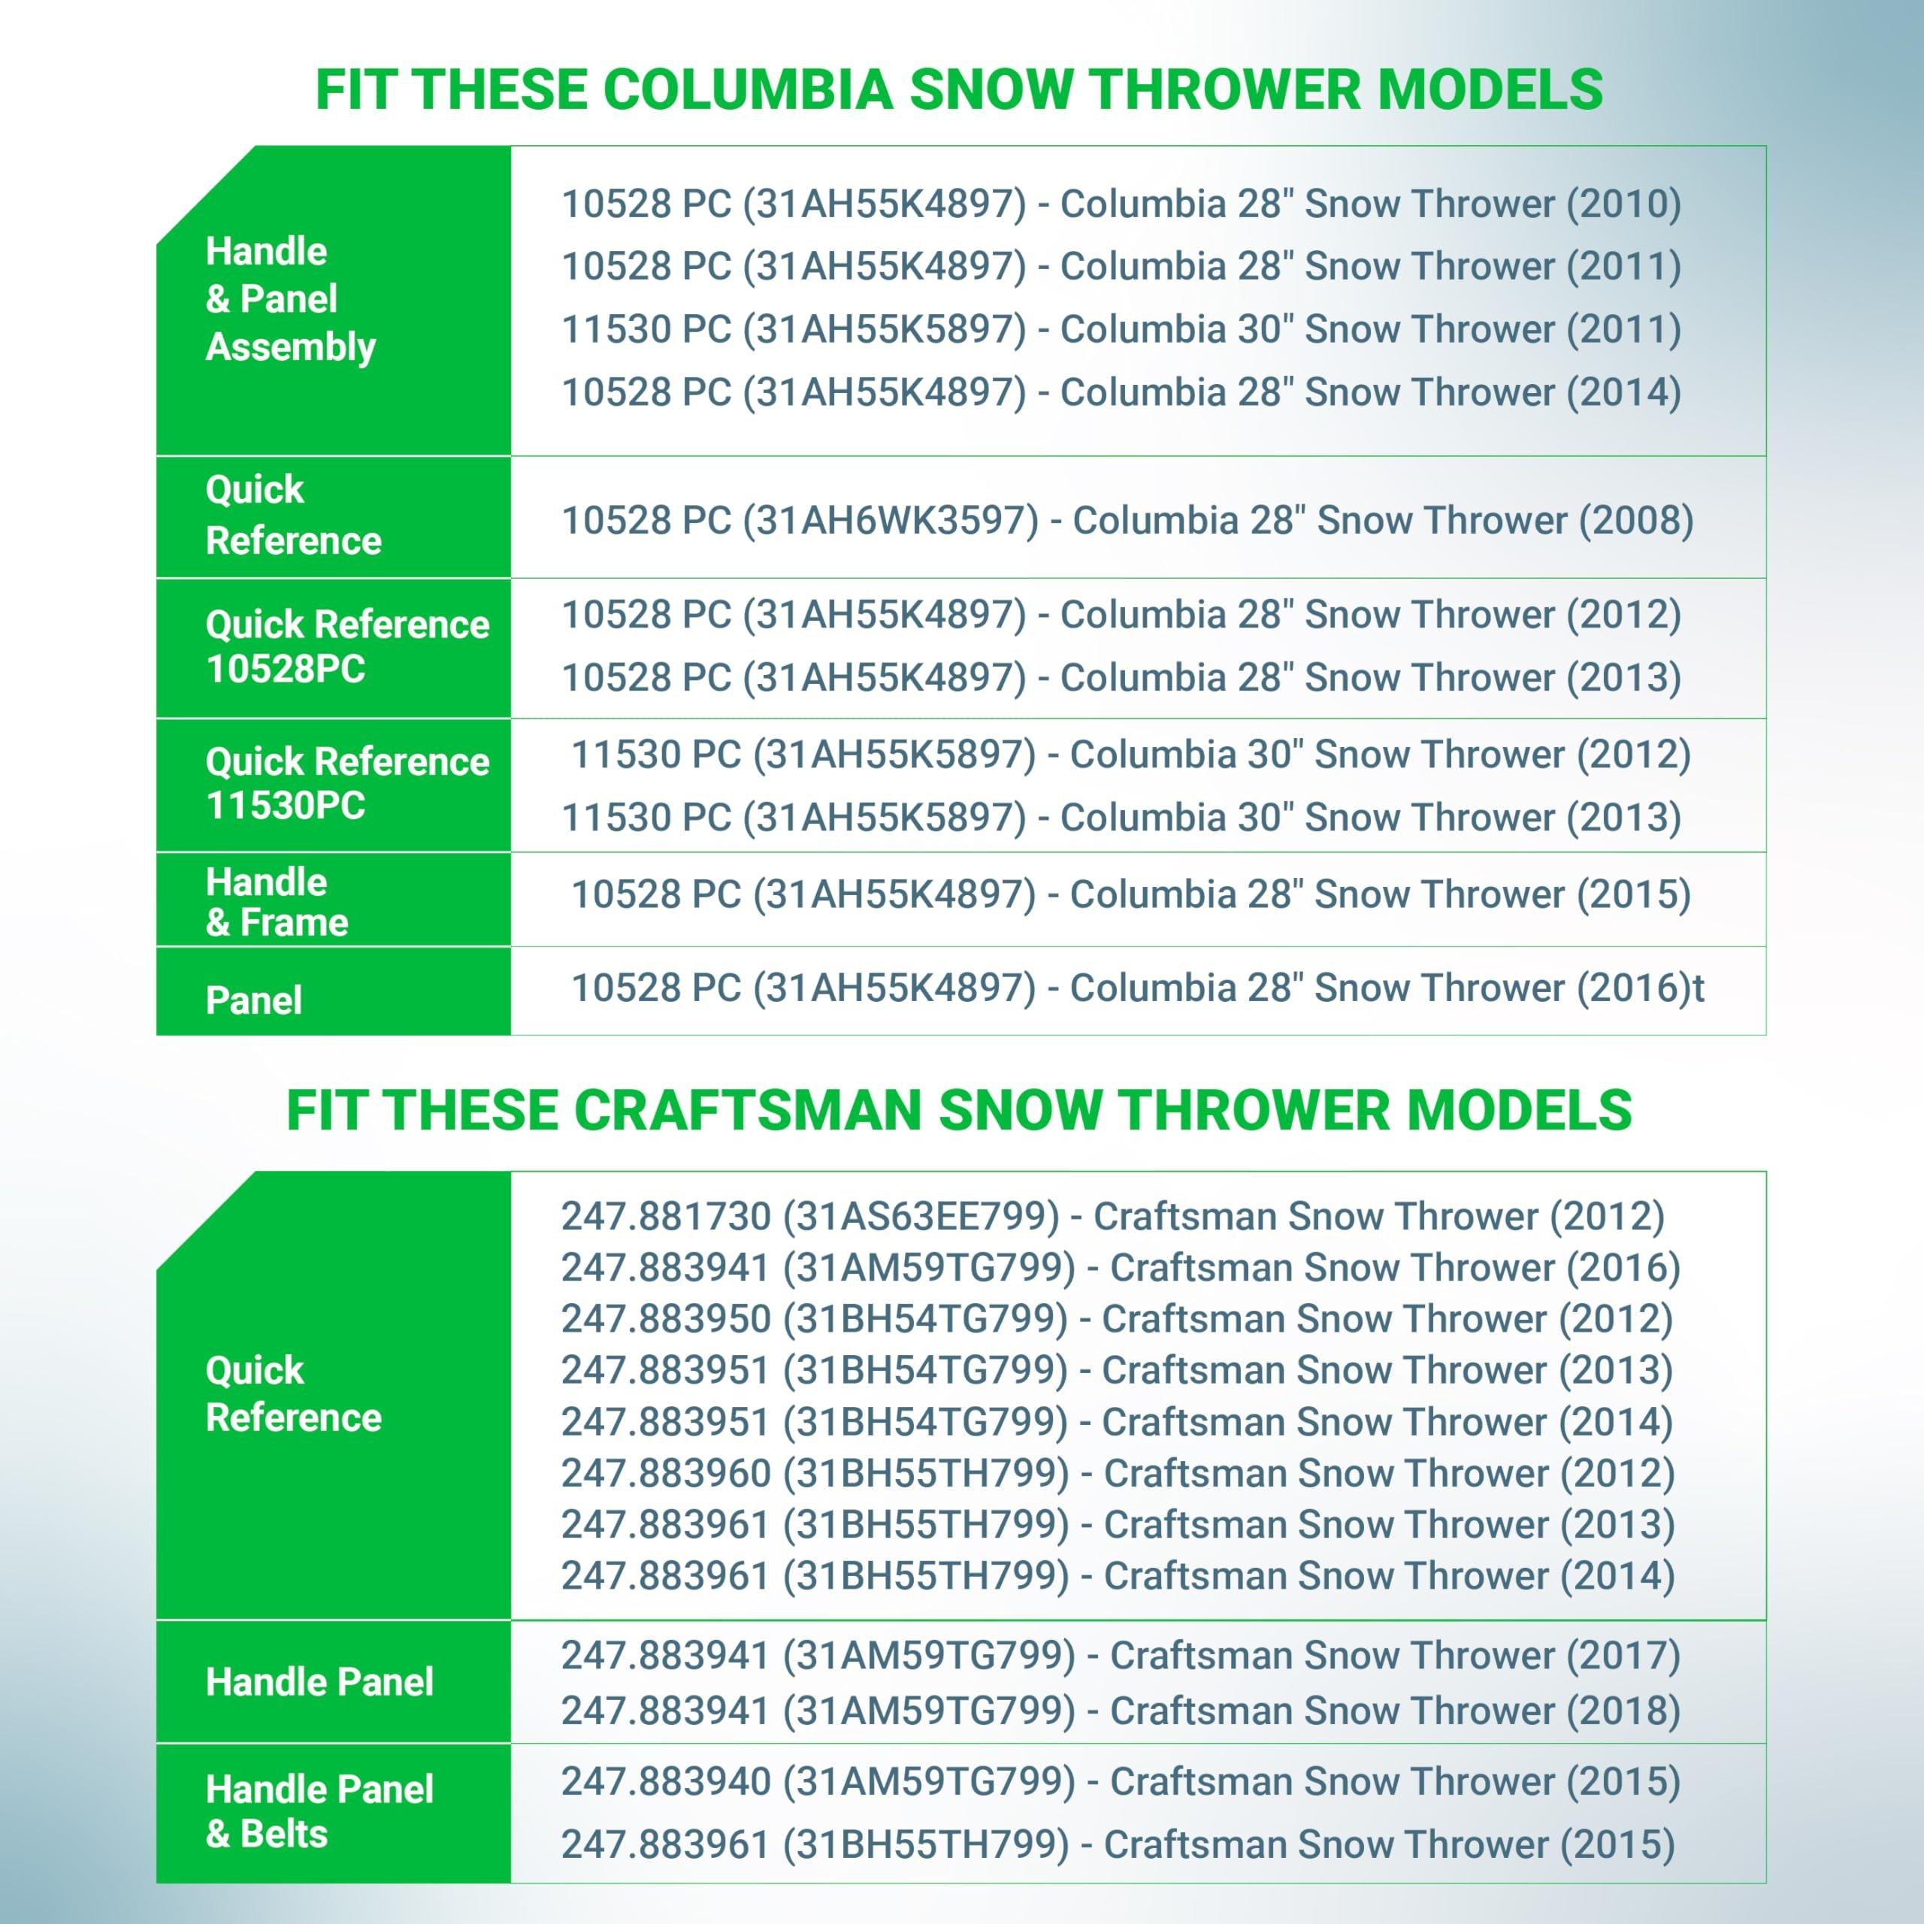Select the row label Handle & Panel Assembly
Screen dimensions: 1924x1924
[291, 299]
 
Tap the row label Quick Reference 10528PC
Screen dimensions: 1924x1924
[347, 646]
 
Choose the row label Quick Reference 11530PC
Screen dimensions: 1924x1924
[347, 782]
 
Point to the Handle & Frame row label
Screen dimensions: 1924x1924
[277, 902]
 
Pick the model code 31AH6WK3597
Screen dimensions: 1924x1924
[891, 520]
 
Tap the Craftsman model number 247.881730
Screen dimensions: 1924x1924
[666, 1216]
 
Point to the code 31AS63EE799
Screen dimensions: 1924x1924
[921, 1216]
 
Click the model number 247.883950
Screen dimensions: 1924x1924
[666, 1318]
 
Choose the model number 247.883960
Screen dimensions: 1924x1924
[666, 1473]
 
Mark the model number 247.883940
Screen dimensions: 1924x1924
[666, 1780]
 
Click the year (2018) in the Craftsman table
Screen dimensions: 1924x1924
[1623, 1711]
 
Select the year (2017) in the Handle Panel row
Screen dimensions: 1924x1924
[1623, 1655]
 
